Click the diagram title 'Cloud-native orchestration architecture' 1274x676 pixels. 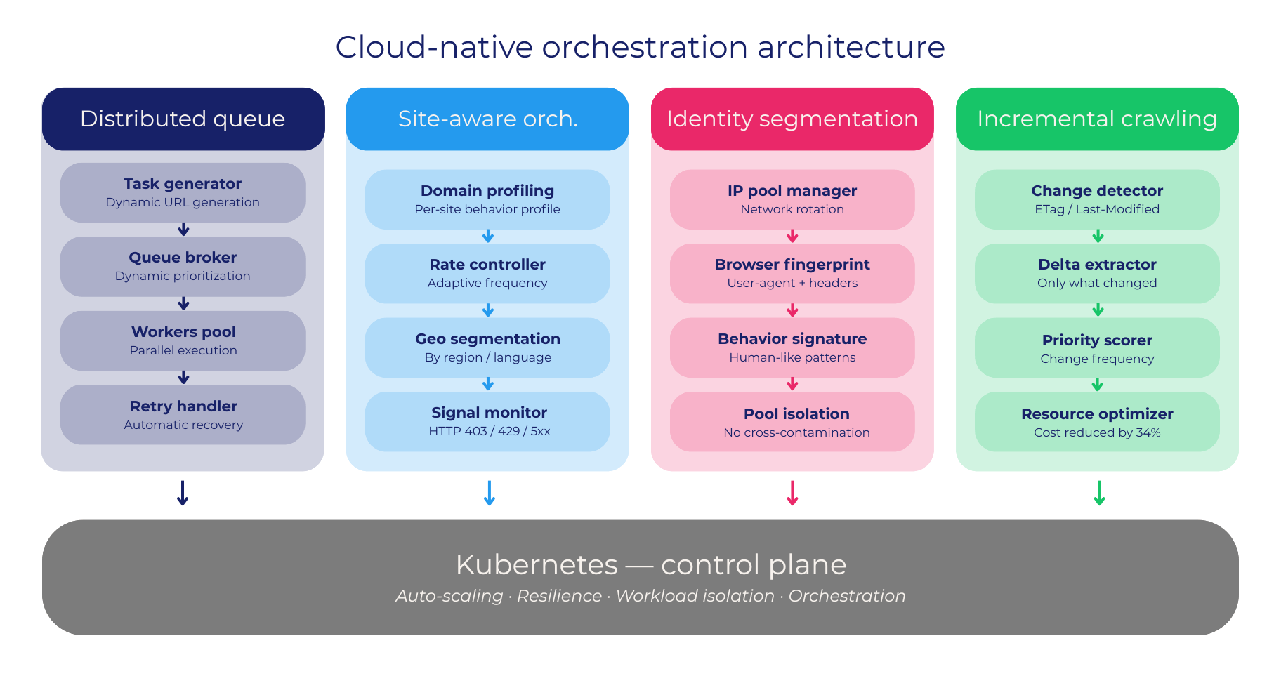pyautogui.click(x=640, y=47)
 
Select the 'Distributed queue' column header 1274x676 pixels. pyautogui.click(x=183, y=119)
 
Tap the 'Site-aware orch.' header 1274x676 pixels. pyautogui.click(x=487, y=119)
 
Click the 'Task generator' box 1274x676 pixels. pyautogui.click(x=183, y=192)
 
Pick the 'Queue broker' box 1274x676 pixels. pyautogui.click(x=183, y=266)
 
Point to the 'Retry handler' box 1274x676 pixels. pyautogui.click(x=183, y=414)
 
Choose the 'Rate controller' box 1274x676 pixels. pyautogui.click(x=487, y=273)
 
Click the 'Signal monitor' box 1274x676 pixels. pyautogui.click(x=487, y=421)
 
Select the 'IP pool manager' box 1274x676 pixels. pyautogui.click(x=792, y=199)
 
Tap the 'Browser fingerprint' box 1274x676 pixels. pyautogui.click(x=792, y=273)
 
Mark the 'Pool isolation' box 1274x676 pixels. pyautogui.click(x=792, y=421)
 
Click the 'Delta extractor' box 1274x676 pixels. pyautogui.click(x=1097, y=273)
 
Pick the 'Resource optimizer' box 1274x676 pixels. pyautogui.click(x=1097, y=421)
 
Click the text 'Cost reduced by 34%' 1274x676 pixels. pyautogui.click(x=1097, y=432)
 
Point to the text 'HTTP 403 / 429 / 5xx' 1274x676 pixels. pyautogui.click(x=489, y=431)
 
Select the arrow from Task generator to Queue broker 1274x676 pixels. pyautogui.click(x=183, y=230)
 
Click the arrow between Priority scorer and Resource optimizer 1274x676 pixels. pyautogui.click(x=1098, y=385)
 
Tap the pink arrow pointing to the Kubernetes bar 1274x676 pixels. pyautogui.click(x=792, y=493)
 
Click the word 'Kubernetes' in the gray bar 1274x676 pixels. pyautogui.click(x=537, y=564)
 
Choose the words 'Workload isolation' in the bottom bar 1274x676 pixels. pyautogui.click(x=695, y=596)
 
